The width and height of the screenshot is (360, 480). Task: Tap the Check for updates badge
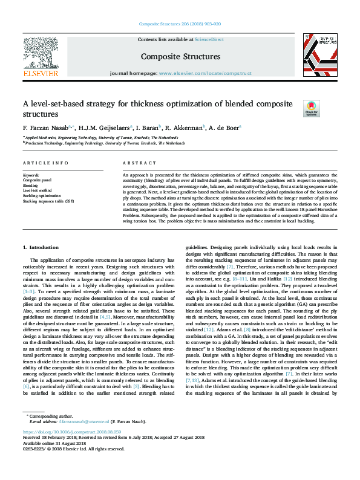(x=310, y=109)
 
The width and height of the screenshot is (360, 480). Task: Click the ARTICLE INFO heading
(x=41, y=164)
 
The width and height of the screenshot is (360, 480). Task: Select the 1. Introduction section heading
(x=41, y=248)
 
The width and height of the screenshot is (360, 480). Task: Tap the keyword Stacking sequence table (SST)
(x=48, y=200)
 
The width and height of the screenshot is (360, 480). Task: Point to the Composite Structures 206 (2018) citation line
(x=180, y=24)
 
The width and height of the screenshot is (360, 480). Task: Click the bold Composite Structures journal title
(x=180, y=57)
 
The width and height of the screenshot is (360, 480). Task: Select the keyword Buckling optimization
(x=42, y=195)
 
